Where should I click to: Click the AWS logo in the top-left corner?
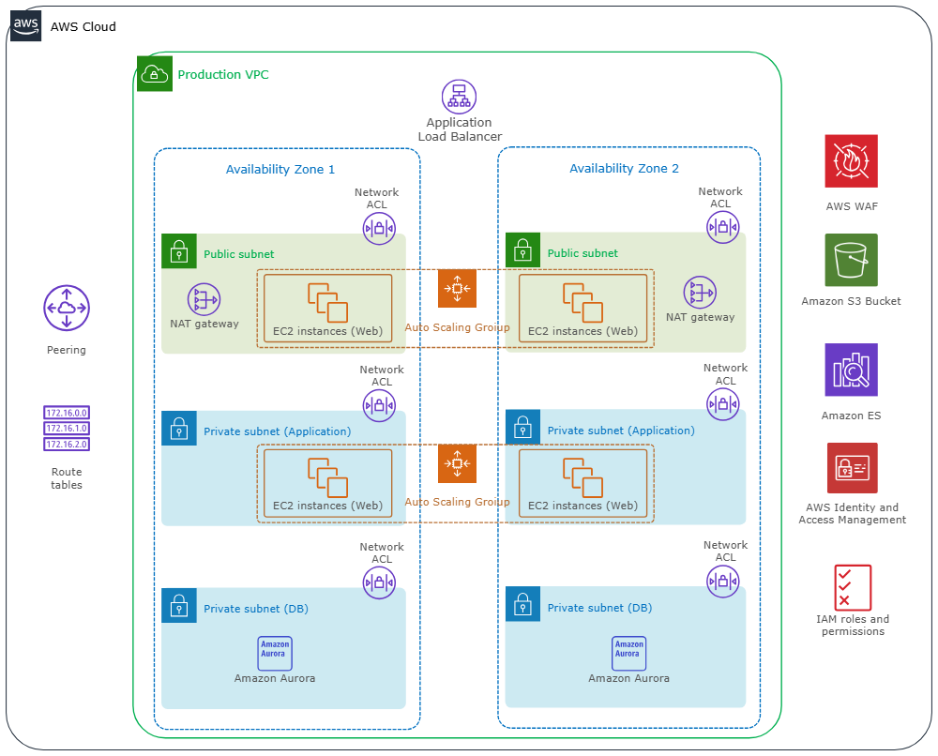tap(25, 25)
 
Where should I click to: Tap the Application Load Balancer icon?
tap(459, 97)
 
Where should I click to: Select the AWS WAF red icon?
tap(851, 160)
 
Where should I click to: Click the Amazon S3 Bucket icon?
tap(851, 260)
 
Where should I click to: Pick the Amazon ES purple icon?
tap(851, 370)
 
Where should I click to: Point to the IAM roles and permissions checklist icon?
tap(853, 587)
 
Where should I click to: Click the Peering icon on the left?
tap(67, 309)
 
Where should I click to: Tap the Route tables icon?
tap(67, 429)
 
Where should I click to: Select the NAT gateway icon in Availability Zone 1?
tap(204, 299)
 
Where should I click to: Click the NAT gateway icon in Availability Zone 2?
tap(700, 293)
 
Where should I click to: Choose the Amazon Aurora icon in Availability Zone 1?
tap(275, 653)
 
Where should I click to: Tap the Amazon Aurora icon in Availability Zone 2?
tap(628, 653)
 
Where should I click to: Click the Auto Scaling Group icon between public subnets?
tap(457, 289)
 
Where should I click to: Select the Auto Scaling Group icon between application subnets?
tap(457, 463)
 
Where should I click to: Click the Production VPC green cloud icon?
tap(155, 73)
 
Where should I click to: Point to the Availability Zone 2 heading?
tap(624, 169)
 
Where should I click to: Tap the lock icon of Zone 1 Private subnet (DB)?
tap(178, 606)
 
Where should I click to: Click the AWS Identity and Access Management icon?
tap(852, 468)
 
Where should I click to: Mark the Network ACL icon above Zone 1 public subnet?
tap(379, 228)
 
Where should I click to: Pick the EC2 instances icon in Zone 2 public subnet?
tap(582, 302)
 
